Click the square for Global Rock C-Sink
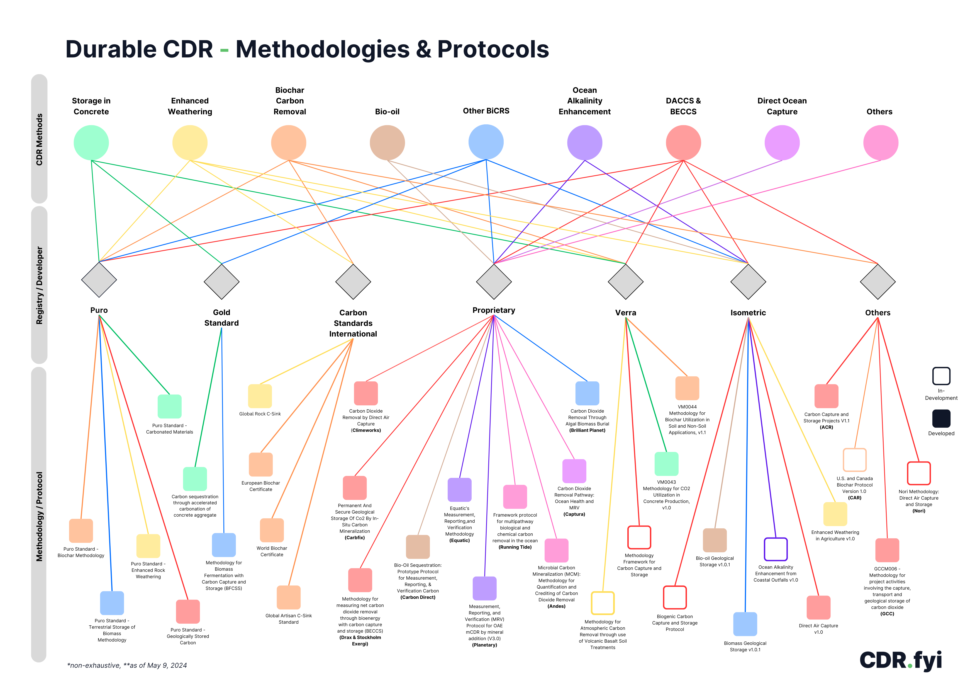click(260, 396)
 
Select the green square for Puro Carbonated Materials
click(169, 406)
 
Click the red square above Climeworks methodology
click(366, 393)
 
